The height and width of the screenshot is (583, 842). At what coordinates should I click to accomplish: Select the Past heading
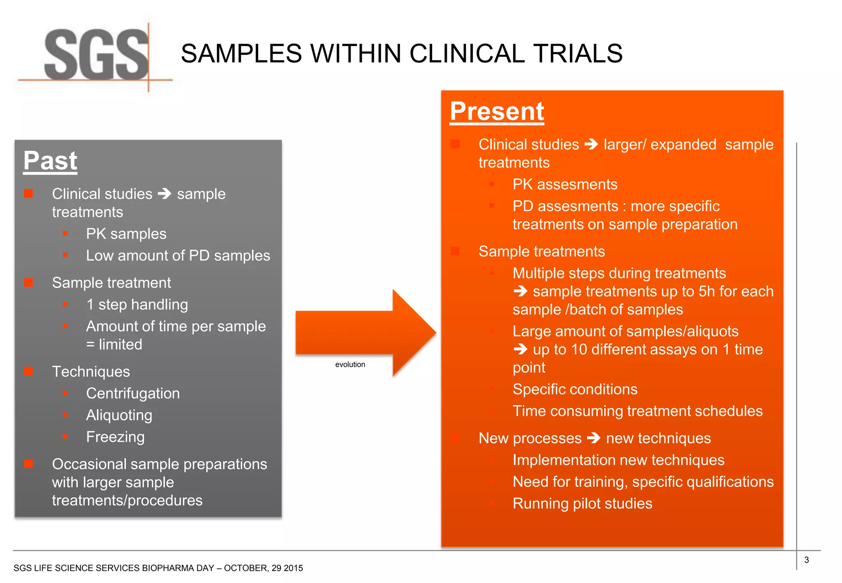point(50,161)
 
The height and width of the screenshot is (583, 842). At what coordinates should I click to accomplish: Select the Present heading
point(497,111)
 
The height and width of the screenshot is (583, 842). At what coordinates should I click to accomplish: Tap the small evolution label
point(350,365)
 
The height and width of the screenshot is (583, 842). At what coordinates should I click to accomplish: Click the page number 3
point(806,560)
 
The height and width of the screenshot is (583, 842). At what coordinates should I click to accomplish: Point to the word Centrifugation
point(133,393)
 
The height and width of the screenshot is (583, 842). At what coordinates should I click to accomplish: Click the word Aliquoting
point(119,415)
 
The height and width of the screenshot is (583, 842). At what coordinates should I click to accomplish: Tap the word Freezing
point(115,437)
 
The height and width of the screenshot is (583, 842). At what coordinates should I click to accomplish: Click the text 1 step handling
point(137,305)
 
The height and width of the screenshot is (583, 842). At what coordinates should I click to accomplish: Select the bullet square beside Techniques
point(28,372)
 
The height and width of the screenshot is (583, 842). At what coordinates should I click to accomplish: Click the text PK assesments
point(564,185)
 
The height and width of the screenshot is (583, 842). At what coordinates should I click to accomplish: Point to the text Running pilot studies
point(582,504)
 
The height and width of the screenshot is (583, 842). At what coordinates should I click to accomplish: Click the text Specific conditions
point(575,389)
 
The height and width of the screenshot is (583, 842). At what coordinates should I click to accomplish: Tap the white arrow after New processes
point(594,438)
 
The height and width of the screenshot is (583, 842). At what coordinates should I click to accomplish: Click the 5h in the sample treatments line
point(707,291)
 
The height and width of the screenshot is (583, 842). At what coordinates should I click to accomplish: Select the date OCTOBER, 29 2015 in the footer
point(263,568)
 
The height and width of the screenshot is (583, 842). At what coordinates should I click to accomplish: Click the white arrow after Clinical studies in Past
point(164,194)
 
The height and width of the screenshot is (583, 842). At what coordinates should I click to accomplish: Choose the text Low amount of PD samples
point(178,256)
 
